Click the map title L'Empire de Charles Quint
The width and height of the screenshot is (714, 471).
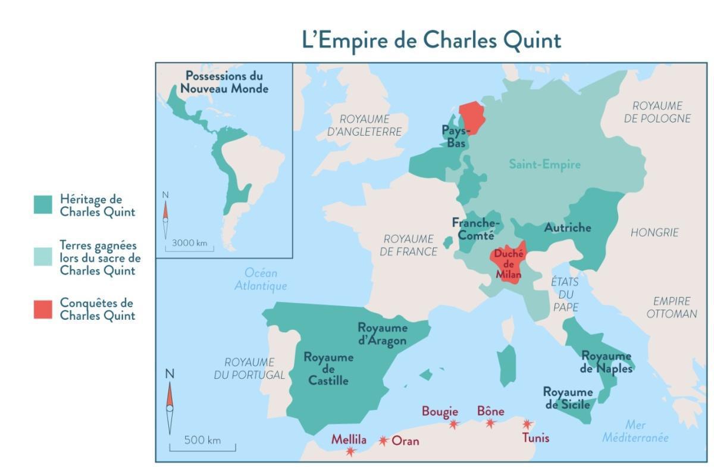(x=431, y=40)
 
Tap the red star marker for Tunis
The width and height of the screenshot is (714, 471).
(x=527, y=425)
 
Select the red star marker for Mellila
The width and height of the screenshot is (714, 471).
(x=350, y=451)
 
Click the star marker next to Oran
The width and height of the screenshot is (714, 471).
(x=384, y=441)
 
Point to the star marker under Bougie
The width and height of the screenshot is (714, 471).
(x=454, y=425)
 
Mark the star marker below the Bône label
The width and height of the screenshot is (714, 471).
(x=490, y=423)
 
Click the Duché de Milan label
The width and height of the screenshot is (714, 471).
(x=508, y=264)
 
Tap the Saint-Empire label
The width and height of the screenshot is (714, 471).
(x=544, y=164)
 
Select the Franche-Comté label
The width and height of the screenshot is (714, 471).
(x=476, y=228)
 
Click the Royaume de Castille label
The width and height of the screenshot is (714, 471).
(x=328, y=369)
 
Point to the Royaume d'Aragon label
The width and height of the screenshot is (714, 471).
(x=382, y=334)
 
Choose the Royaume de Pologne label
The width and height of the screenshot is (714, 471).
(x=657, y=112)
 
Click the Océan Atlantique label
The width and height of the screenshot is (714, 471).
(x=261, y=279)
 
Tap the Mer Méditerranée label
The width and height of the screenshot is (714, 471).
(x=635, y=431)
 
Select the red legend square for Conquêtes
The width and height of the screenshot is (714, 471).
(x=43, y=309)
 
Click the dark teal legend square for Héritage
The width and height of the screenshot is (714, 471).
(x=43, y=205)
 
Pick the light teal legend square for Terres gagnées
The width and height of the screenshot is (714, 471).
(x=43, y=257)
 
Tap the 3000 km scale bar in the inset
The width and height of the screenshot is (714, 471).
(x=189, y=247)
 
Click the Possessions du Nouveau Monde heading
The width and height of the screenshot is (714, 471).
(x=224, y=82)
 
